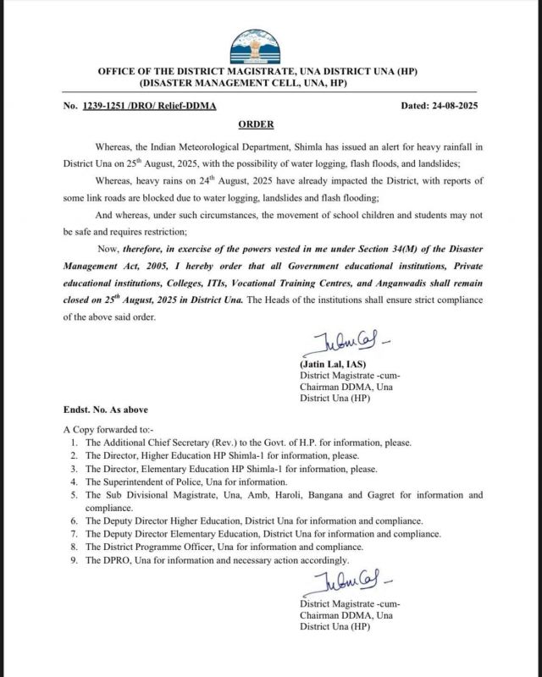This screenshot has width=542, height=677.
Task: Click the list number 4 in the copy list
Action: click(x=75, y=481)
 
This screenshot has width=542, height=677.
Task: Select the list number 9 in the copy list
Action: click(x=75, y=559)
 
